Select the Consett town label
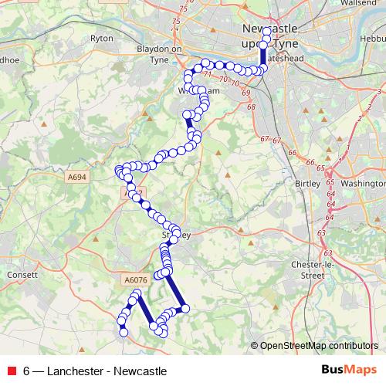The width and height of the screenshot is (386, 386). (16, 274)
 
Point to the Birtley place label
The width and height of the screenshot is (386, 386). (310, 184)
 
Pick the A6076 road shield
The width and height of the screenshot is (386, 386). (134, 280)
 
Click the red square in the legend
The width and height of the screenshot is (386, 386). (12, 371)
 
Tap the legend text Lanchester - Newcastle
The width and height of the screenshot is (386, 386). (94, 371)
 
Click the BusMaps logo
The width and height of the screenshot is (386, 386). (349, 370)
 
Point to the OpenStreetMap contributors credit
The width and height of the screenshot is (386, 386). (318, 345)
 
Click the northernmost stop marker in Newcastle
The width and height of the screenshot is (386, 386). (267, 32)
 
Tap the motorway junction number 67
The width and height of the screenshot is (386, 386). (265, 139)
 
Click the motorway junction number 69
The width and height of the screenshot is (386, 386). (246, 93)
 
